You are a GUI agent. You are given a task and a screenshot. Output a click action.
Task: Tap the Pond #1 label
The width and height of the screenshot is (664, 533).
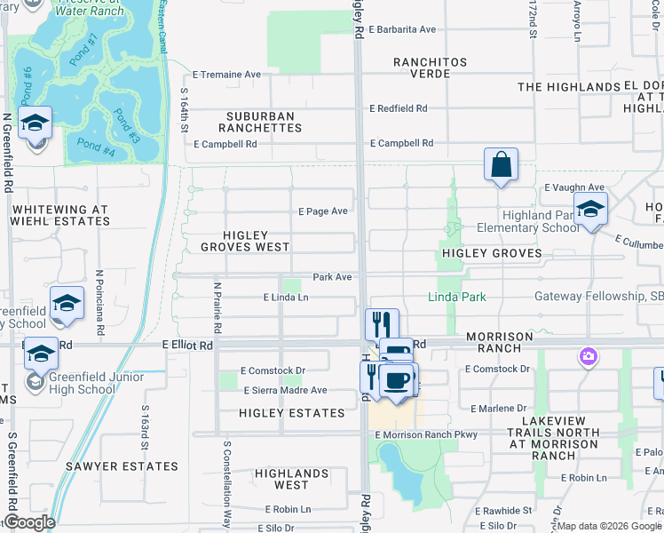click(82, 44)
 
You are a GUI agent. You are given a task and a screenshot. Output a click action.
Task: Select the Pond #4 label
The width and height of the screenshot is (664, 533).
click(96, 147)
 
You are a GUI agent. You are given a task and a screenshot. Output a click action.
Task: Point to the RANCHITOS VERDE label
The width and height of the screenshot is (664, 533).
click(435, 68)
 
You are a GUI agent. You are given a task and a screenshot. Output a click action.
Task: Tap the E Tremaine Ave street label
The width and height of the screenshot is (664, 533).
click(226, 75)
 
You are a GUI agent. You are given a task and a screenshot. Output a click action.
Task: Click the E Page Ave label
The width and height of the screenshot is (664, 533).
click(323, 211)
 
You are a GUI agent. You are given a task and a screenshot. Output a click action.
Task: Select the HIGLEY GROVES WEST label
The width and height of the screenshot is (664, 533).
click(245, 241)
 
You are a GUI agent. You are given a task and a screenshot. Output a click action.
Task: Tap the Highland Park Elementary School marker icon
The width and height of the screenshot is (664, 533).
click(589, 210)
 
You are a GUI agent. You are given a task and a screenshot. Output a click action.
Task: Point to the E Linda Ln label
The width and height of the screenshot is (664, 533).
click(286, 298)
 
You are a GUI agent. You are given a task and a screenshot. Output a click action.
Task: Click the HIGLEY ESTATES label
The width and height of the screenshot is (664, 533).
click(292, 413)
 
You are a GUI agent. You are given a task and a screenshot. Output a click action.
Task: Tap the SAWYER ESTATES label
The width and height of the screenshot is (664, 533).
click(122, 466)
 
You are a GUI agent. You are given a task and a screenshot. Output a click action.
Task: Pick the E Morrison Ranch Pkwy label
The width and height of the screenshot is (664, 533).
click(426, 434)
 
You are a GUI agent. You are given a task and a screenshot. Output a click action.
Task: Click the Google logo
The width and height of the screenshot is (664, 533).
click(28, 522)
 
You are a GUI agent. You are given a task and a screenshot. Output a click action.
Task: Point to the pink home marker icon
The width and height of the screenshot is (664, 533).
click(588, 357)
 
